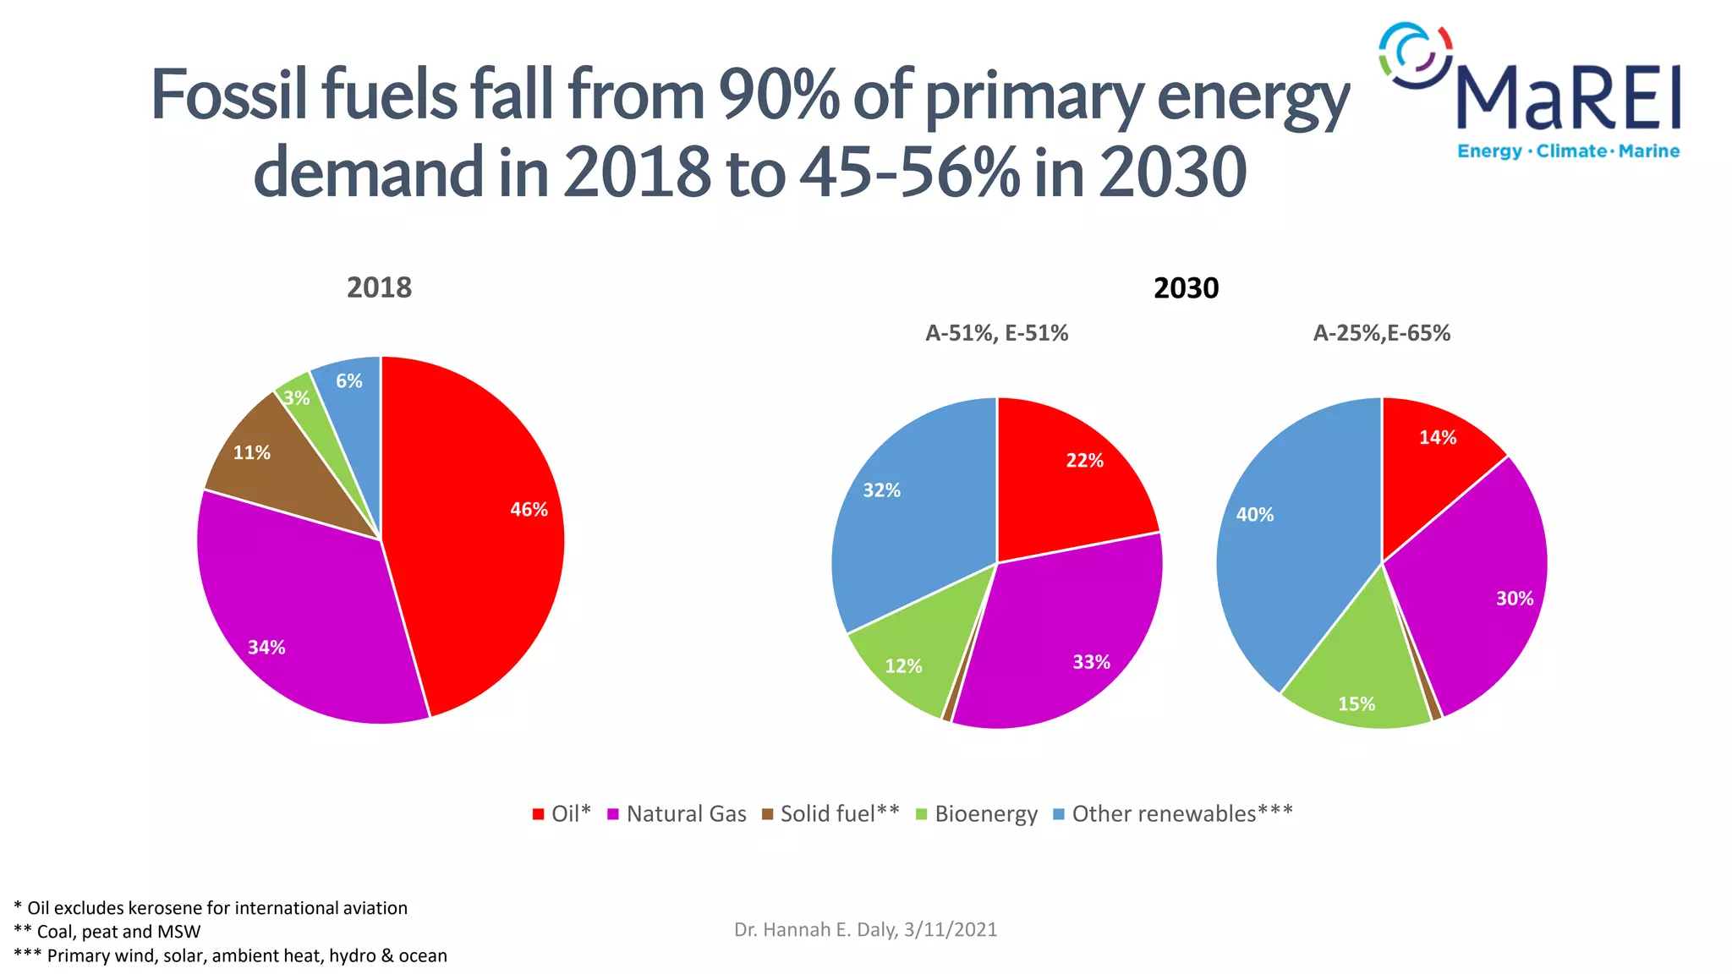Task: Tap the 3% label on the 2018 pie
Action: pos(297,398)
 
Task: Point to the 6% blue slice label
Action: pos(348,381)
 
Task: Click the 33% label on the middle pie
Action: pos(1091,662)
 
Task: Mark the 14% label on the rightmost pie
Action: pos(1438,438)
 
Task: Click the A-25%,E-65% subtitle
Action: pos(1381,333)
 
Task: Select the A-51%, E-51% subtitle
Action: pos(996,333)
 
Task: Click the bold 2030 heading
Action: pos(1186,288)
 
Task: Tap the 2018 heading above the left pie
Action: pos(379,288)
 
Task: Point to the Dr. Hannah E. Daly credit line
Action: pos(865,930)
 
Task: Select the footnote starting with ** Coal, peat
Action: pos(107,932)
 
